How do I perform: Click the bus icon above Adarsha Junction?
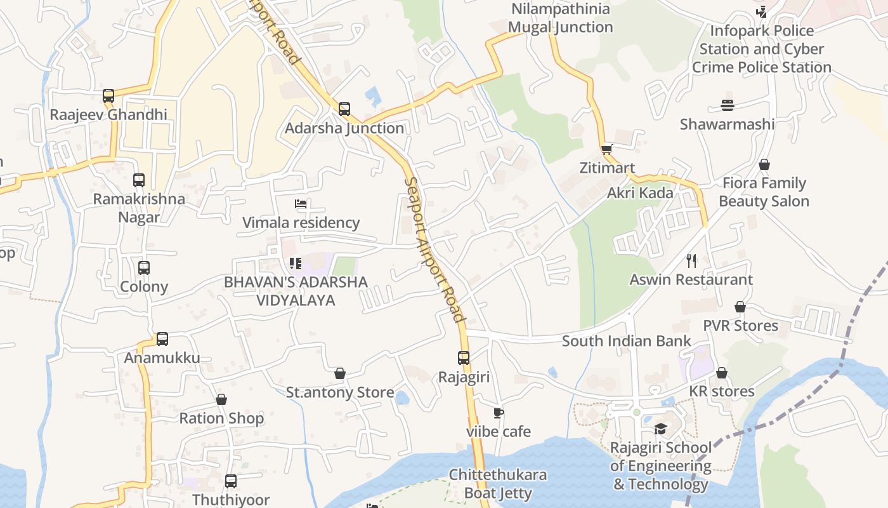[344, 109]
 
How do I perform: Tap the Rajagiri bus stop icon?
[464, 358]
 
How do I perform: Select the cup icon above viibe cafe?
[499, 413]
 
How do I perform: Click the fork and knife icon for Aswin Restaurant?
[691, 260]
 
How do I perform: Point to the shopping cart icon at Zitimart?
[607, 150]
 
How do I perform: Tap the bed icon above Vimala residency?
[301, 204]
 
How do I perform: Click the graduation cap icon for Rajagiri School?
[660, 429]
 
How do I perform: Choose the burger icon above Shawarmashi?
[728, 105]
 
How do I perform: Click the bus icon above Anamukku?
[162, 339]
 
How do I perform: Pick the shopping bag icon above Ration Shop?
[221, 399]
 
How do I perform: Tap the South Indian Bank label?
[626, 341]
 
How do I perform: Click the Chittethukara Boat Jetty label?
[498, 484]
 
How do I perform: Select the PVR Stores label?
[740, 326]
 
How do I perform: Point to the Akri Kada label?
[640, 193]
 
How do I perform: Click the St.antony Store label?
[340, 392]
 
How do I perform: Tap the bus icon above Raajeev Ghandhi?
[108, 96]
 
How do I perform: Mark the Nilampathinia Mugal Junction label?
[561, 18]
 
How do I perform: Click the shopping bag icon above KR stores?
[721, 373]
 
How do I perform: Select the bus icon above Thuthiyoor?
[231, 481]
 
